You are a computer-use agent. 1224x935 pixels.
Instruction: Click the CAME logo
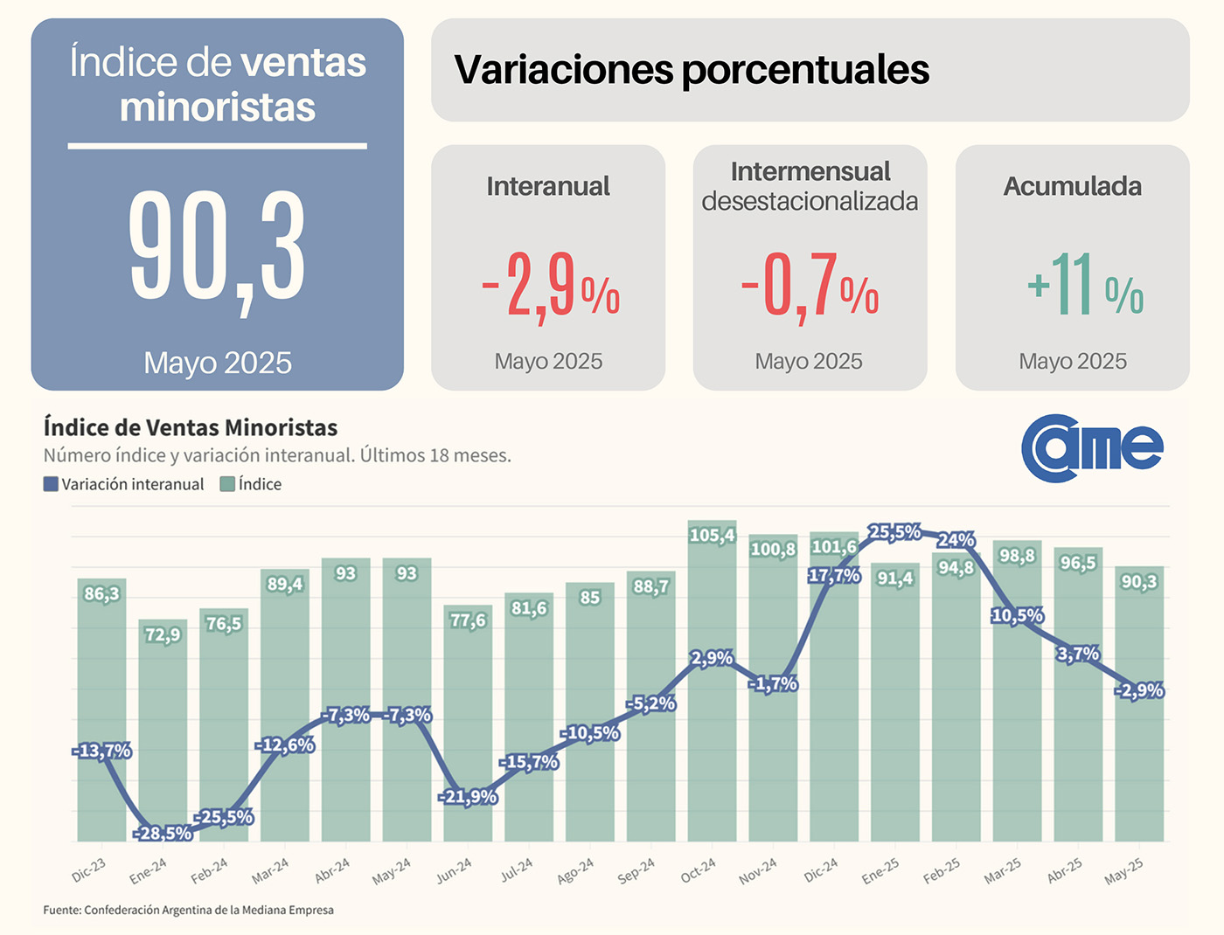tap(1092, 447)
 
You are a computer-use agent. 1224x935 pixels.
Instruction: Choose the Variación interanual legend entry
tap(123, 484)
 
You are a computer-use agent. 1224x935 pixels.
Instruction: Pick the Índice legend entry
tap(251, 484)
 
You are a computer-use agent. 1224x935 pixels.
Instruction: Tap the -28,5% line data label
tap(163, 834)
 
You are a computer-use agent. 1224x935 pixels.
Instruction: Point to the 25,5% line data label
tap(894, 532)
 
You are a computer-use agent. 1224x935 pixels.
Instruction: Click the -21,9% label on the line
tap(468, 797)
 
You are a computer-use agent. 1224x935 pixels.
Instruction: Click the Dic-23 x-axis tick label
tap(89, 869)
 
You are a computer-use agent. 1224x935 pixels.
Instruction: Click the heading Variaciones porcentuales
tap(691, 70)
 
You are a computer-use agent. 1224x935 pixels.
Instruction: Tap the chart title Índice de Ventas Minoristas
tap(191, 427)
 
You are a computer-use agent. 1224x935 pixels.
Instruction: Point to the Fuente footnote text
tap(188, 910)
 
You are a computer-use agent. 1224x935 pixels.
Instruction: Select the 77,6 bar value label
tap(468, 620)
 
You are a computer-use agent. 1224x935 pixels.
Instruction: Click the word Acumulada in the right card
tap(1072, 186)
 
